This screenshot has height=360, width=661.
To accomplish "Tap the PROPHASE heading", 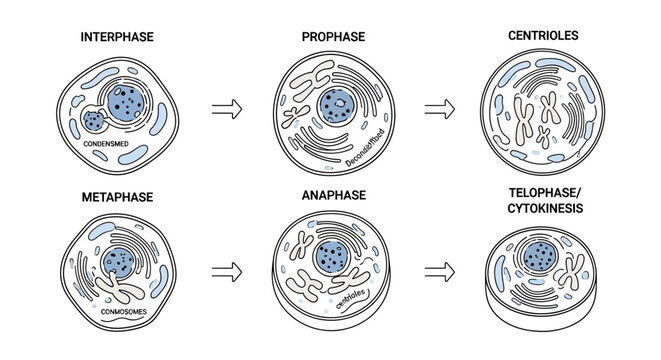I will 333,37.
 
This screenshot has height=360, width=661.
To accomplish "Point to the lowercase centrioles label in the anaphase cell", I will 356,292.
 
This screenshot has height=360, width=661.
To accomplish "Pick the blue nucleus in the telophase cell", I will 541,256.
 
